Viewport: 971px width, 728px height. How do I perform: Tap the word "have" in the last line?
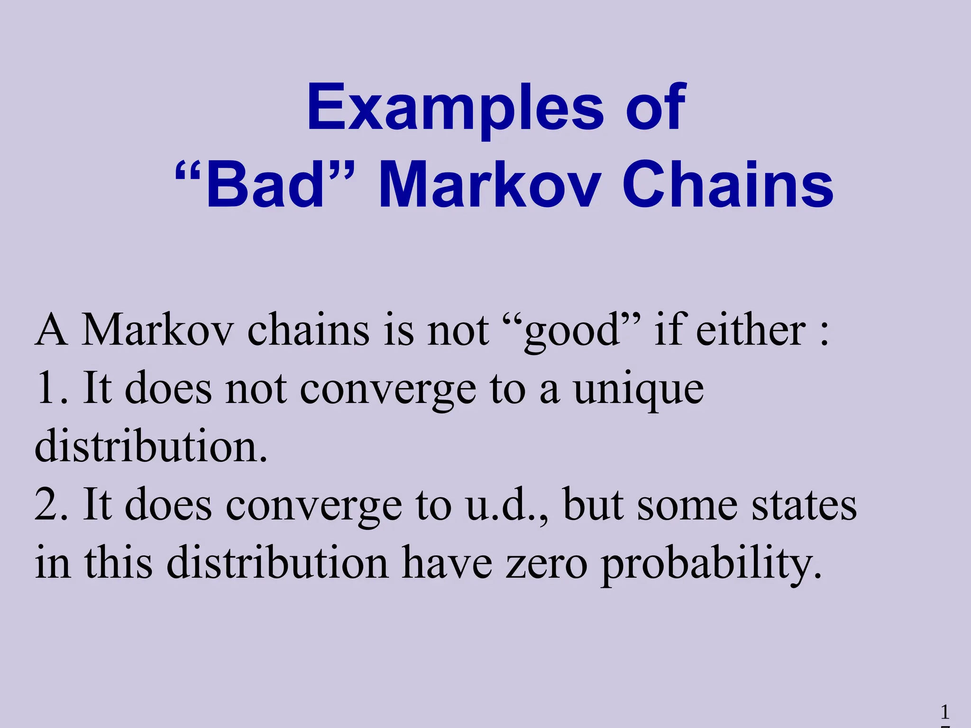tap(447, 563)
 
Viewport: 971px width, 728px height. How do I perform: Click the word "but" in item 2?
tap(593, 505)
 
